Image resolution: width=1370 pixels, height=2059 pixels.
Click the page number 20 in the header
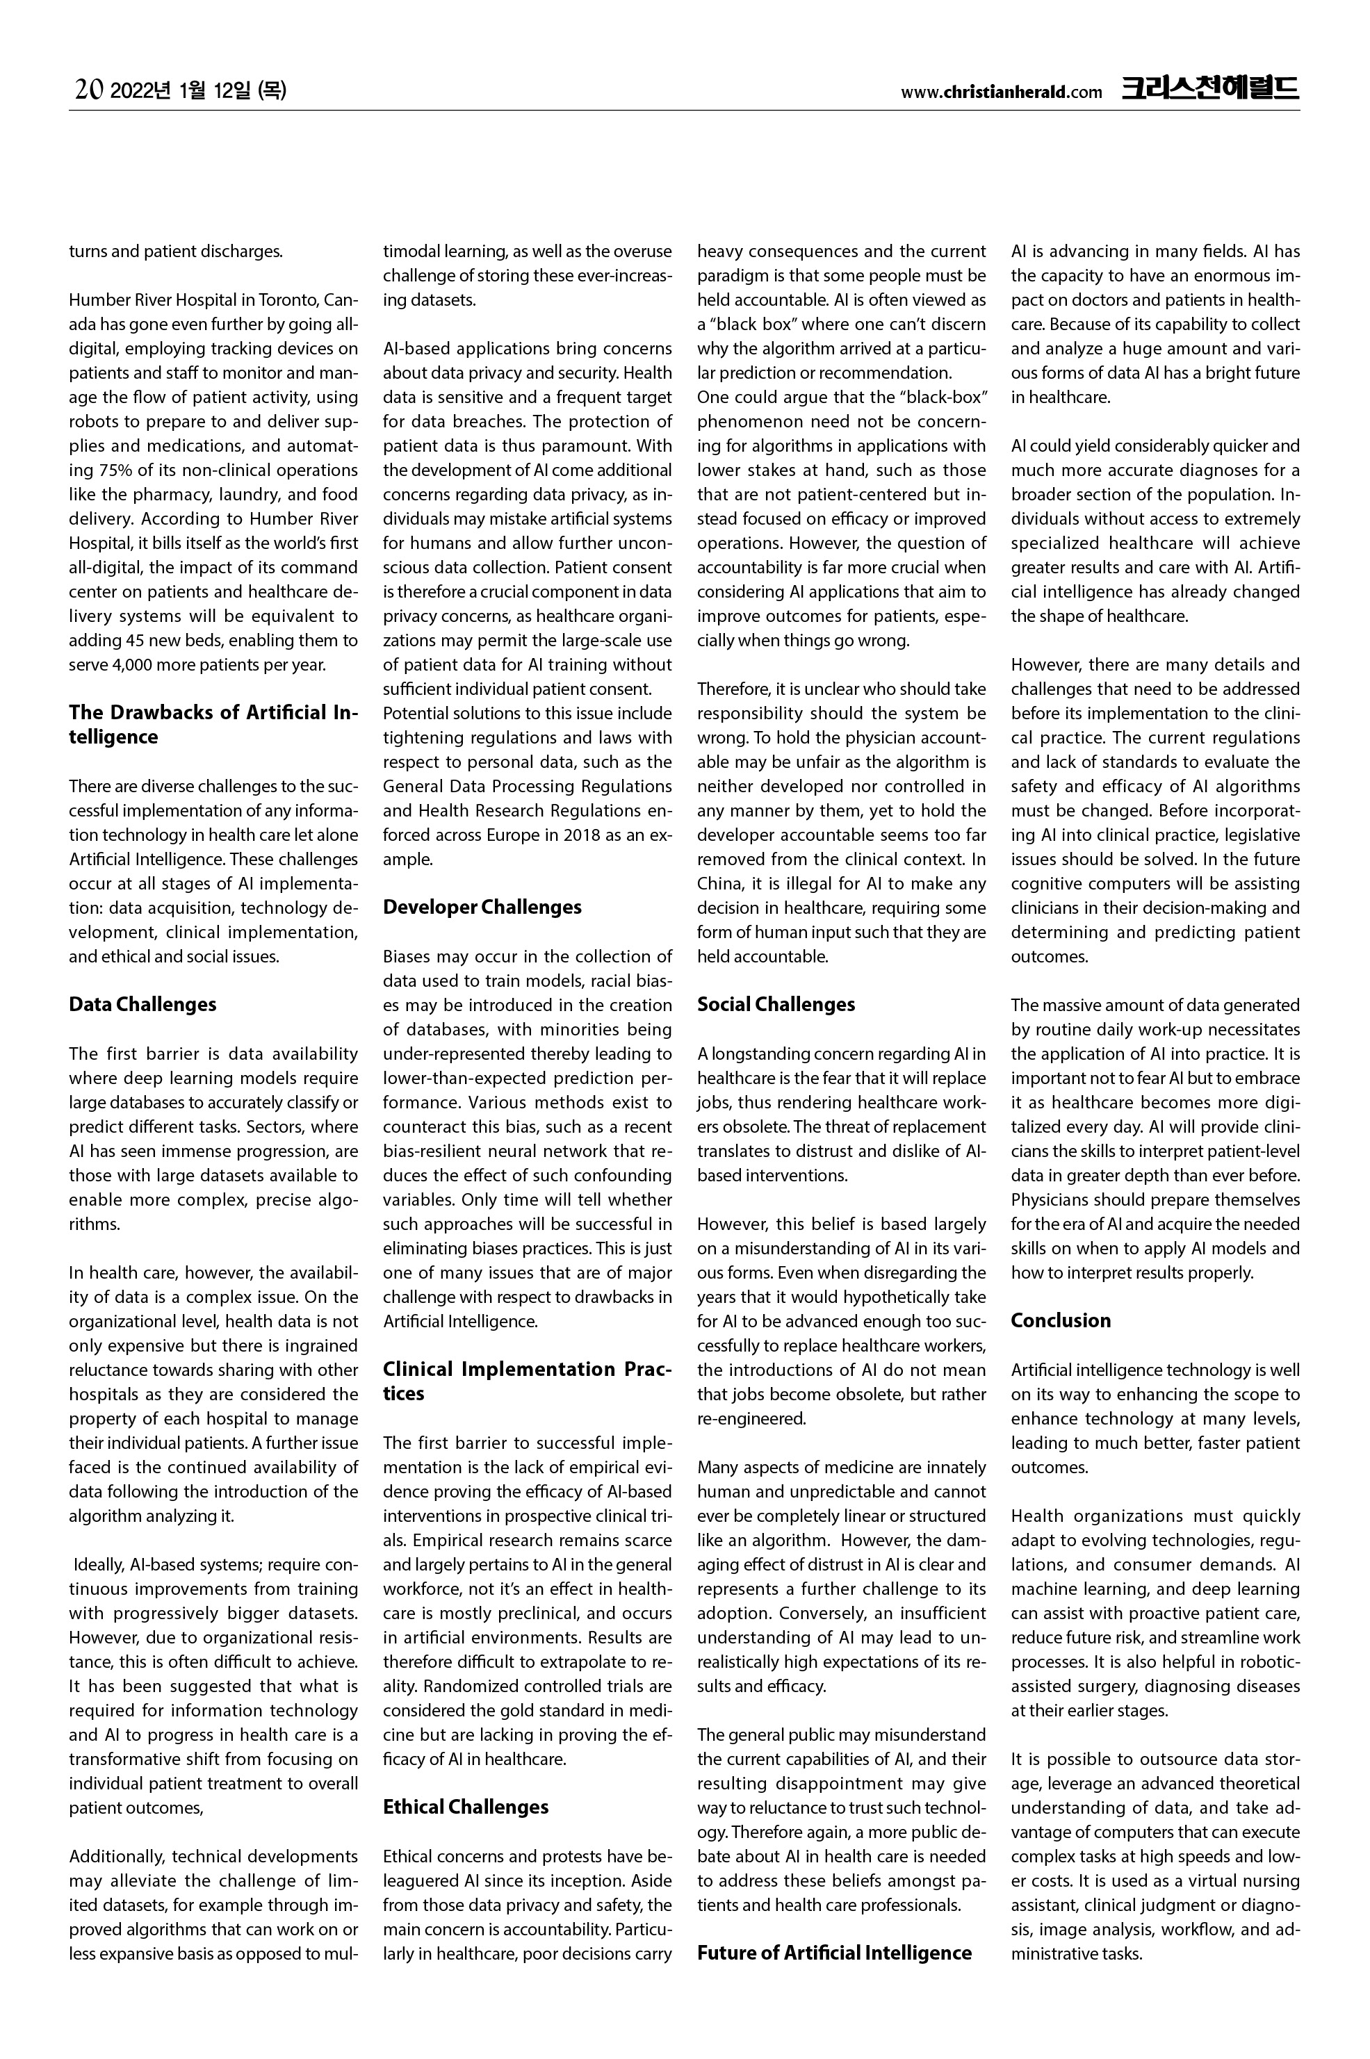89,89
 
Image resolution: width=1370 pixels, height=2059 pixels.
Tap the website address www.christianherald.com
1002,92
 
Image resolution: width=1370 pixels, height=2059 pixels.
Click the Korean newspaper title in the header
1210,88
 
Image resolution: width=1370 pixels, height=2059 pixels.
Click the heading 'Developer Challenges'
482,907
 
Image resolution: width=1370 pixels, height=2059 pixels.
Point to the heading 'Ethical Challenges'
466,1807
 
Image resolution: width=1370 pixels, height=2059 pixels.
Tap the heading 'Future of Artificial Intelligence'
834,1953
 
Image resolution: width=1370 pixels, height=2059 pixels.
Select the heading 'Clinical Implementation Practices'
528,1381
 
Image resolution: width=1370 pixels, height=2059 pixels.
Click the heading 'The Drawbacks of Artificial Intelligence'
213,724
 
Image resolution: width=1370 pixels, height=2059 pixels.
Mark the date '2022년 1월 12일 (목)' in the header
200,89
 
